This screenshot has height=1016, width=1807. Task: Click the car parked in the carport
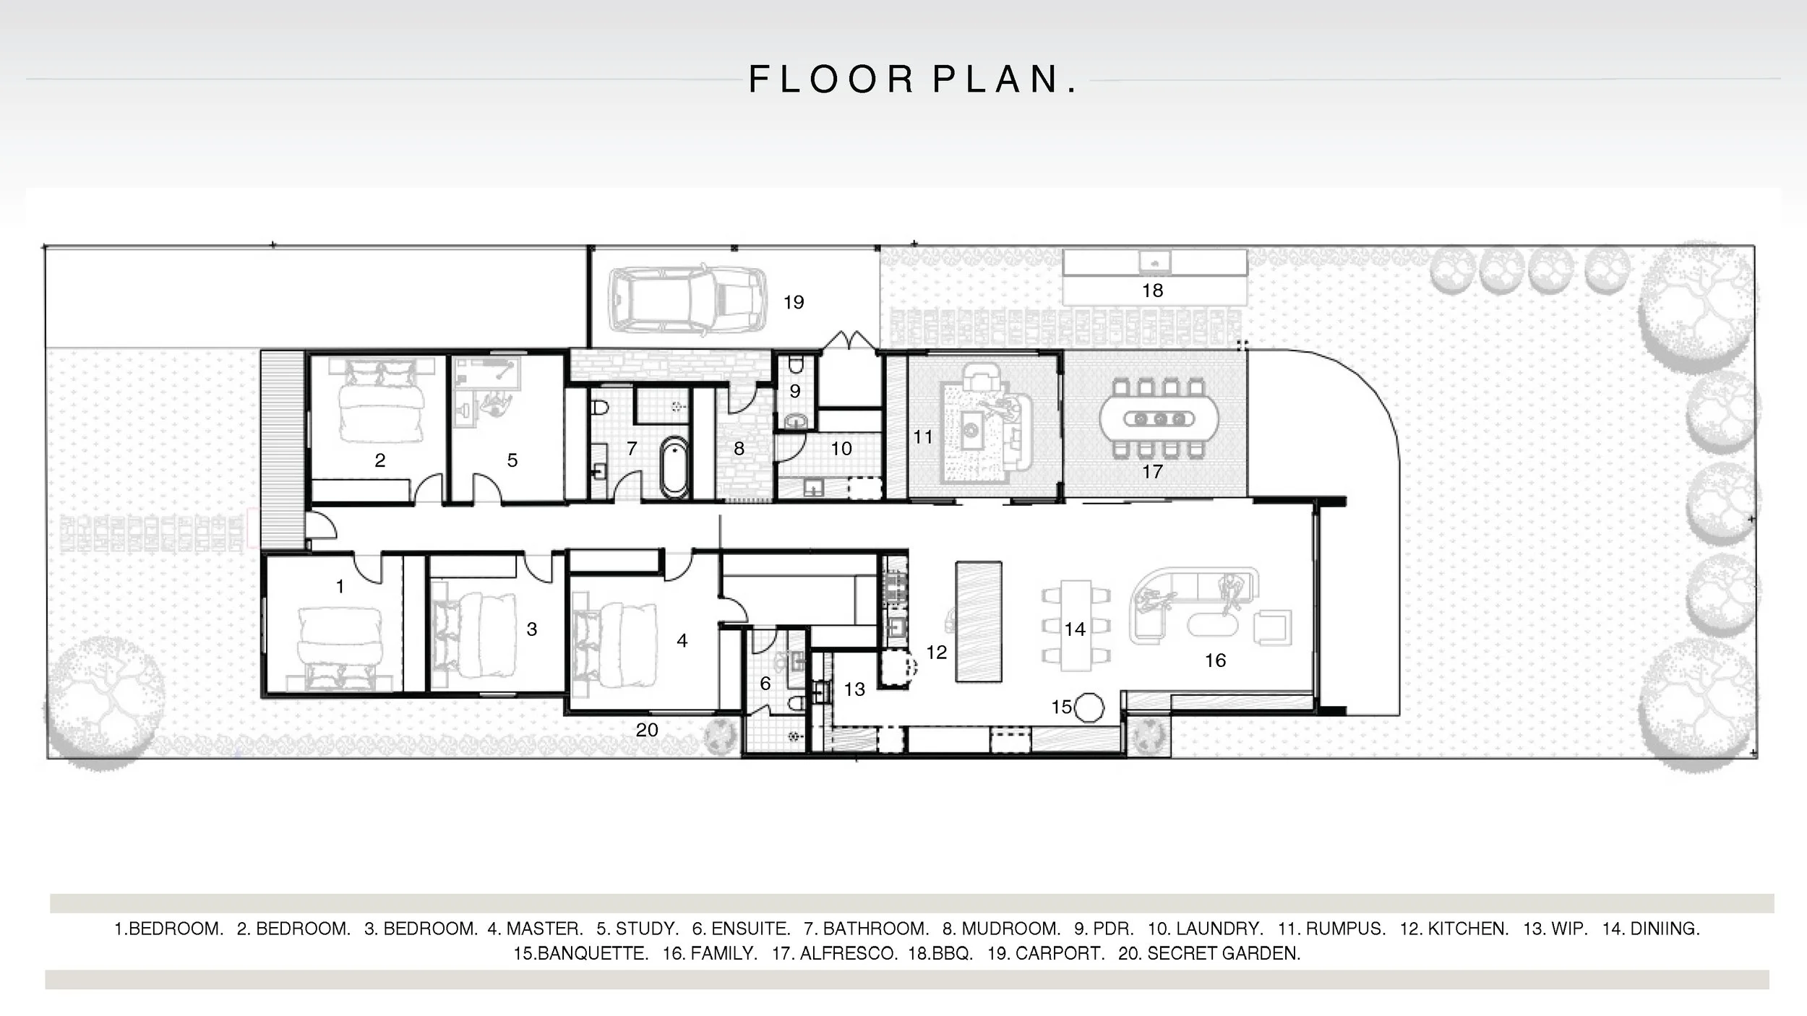click(687, 300)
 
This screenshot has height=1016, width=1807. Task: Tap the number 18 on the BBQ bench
click(1152, 290)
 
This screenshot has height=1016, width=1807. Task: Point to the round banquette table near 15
click(1089, 707)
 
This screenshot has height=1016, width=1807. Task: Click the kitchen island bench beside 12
click(979, 621)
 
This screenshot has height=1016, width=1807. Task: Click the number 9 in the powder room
click(794, 391)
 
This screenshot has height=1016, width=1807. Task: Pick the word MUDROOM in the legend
click(1010, 929)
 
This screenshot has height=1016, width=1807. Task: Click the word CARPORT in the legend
click(1060, 953)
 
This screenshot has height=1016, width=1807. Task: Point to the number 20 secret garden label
click(647, 730)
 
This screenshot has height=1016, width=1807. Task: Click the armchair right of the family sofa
click(1272, 627)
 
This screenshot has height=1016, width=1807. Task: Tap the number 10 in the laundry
click(841, 449)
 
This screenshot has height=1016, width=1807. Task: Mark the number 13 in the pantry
click(854, 689)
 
